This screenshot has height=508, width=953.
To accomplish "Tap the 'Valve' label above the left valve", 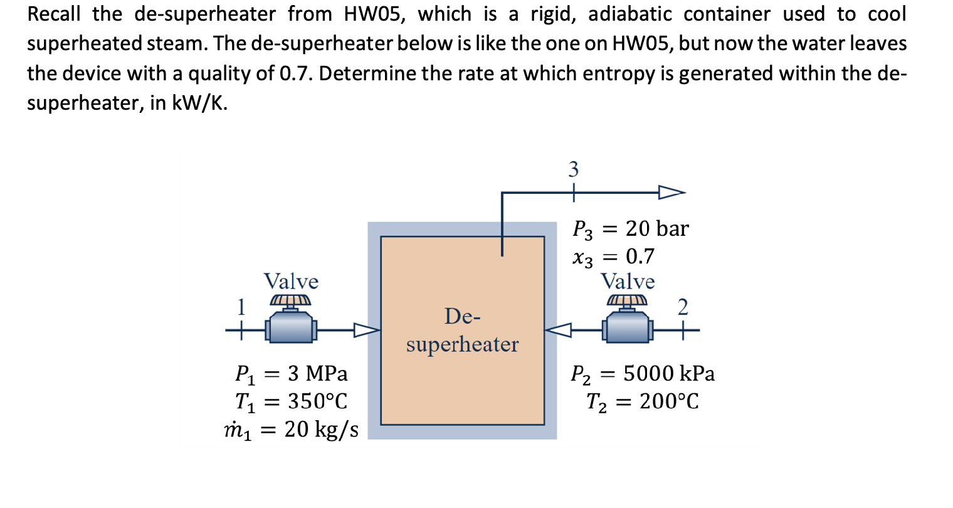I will tap(290, 281).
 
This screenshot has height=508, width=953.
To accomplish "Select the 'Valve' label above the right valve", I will tap(627, 281).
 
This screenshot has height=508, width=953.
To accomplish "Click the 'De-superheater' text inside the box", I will tap(462, 331).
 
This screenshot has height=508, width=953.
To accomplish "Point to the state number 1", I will tap(240, 307).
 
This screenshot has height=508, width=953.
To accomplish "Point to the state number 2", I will tap(683, 307).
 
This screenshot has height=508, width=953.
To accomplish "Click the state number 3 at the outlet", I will tap(573, 169).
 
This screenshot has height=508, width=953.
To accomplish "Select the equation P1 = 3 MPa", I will tap(291, 374).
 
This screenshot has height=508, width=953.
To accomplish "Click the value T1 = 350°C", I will tap(291, 401).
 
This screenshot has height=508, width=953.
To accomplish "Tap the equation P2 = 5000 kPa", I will tap(642, 374).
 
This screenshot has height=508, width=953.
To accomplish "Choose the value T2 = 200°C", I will tap(642, 401).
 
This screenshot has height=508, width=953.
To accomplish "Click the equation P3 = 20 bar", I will tap(630, 229).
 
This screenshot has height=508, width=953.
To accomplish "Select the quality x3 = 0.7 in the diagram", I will tap(613, 257).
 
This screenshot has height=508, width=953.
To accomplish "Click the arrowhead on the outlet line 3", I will tap(671, 193).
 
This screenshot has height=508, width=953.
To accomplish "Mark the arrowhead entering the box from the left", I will tap(367, 330).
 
